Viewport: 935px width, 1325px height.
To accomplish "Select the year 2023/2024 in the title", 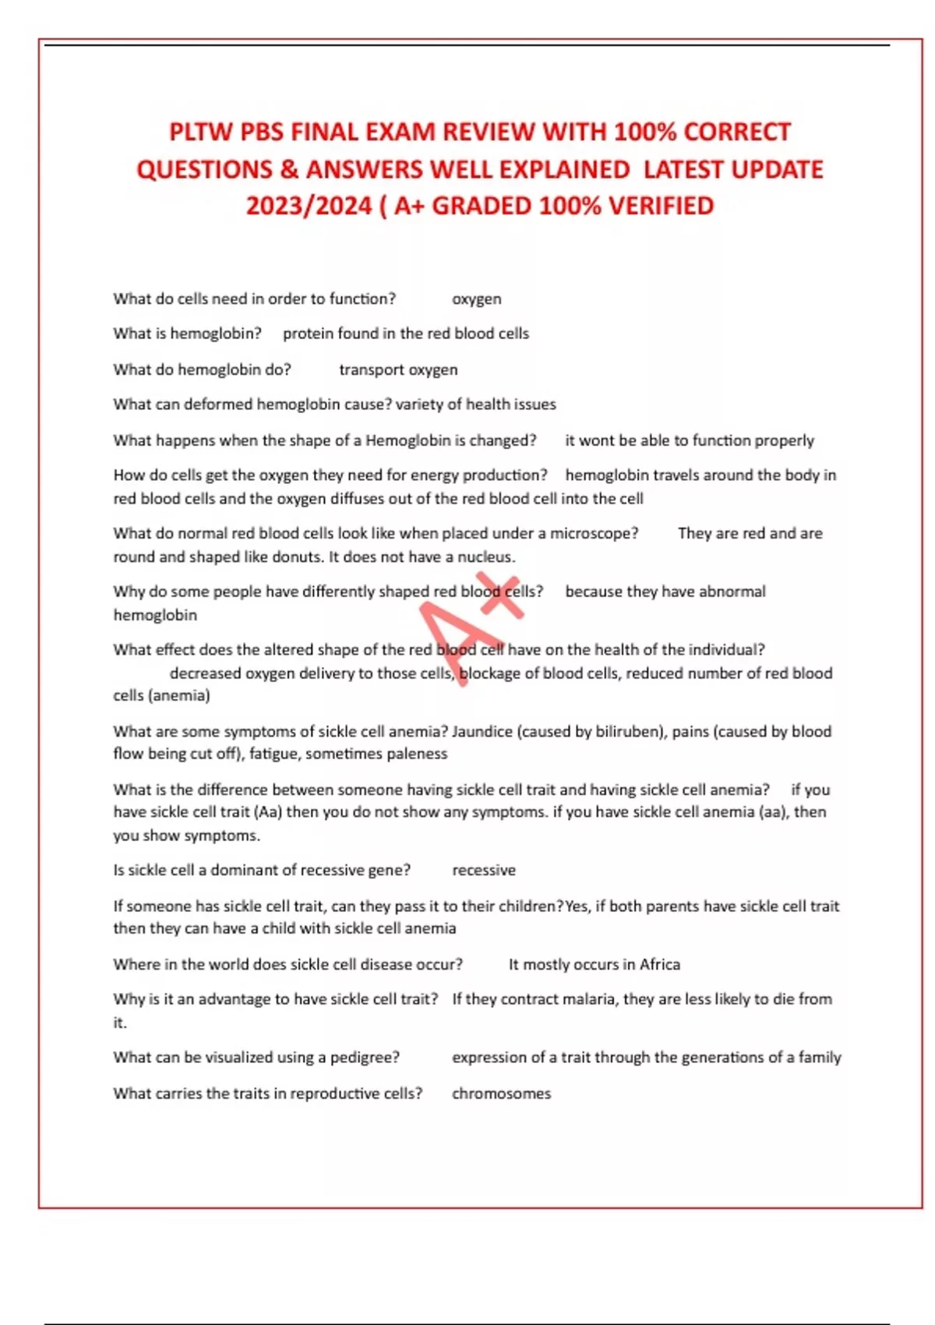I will point(309,206).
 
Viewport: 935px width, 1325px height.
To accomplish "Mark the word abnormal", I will point(732,592).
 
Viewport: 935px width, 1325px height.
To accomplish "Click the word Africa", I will point(659,965).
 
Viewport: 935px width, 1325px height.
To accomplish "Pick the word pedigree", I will point(364,1058).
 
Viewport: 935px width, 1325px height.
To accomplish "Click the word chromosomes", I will point(501,1094).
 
